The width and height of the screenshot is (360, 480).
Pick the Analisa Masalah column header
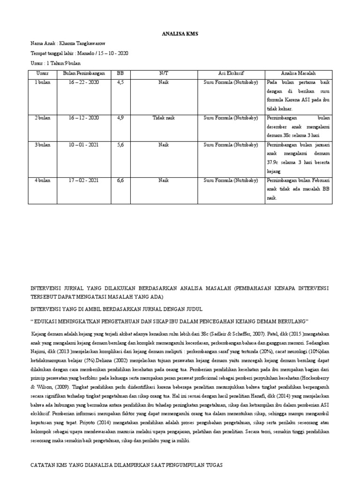tap(298, 73)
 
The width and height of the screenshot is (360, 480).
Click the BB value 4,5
tap(120, 82)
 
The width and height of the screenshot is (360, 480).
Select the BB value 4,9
tap(120, 118)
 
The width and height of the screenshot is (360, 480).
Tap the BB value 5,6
tap(120, 145)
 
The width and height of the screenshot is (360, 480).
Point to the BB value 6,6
tap(120, 180)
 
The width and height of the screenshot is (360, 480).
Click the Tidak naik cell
tap(164, 118)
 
